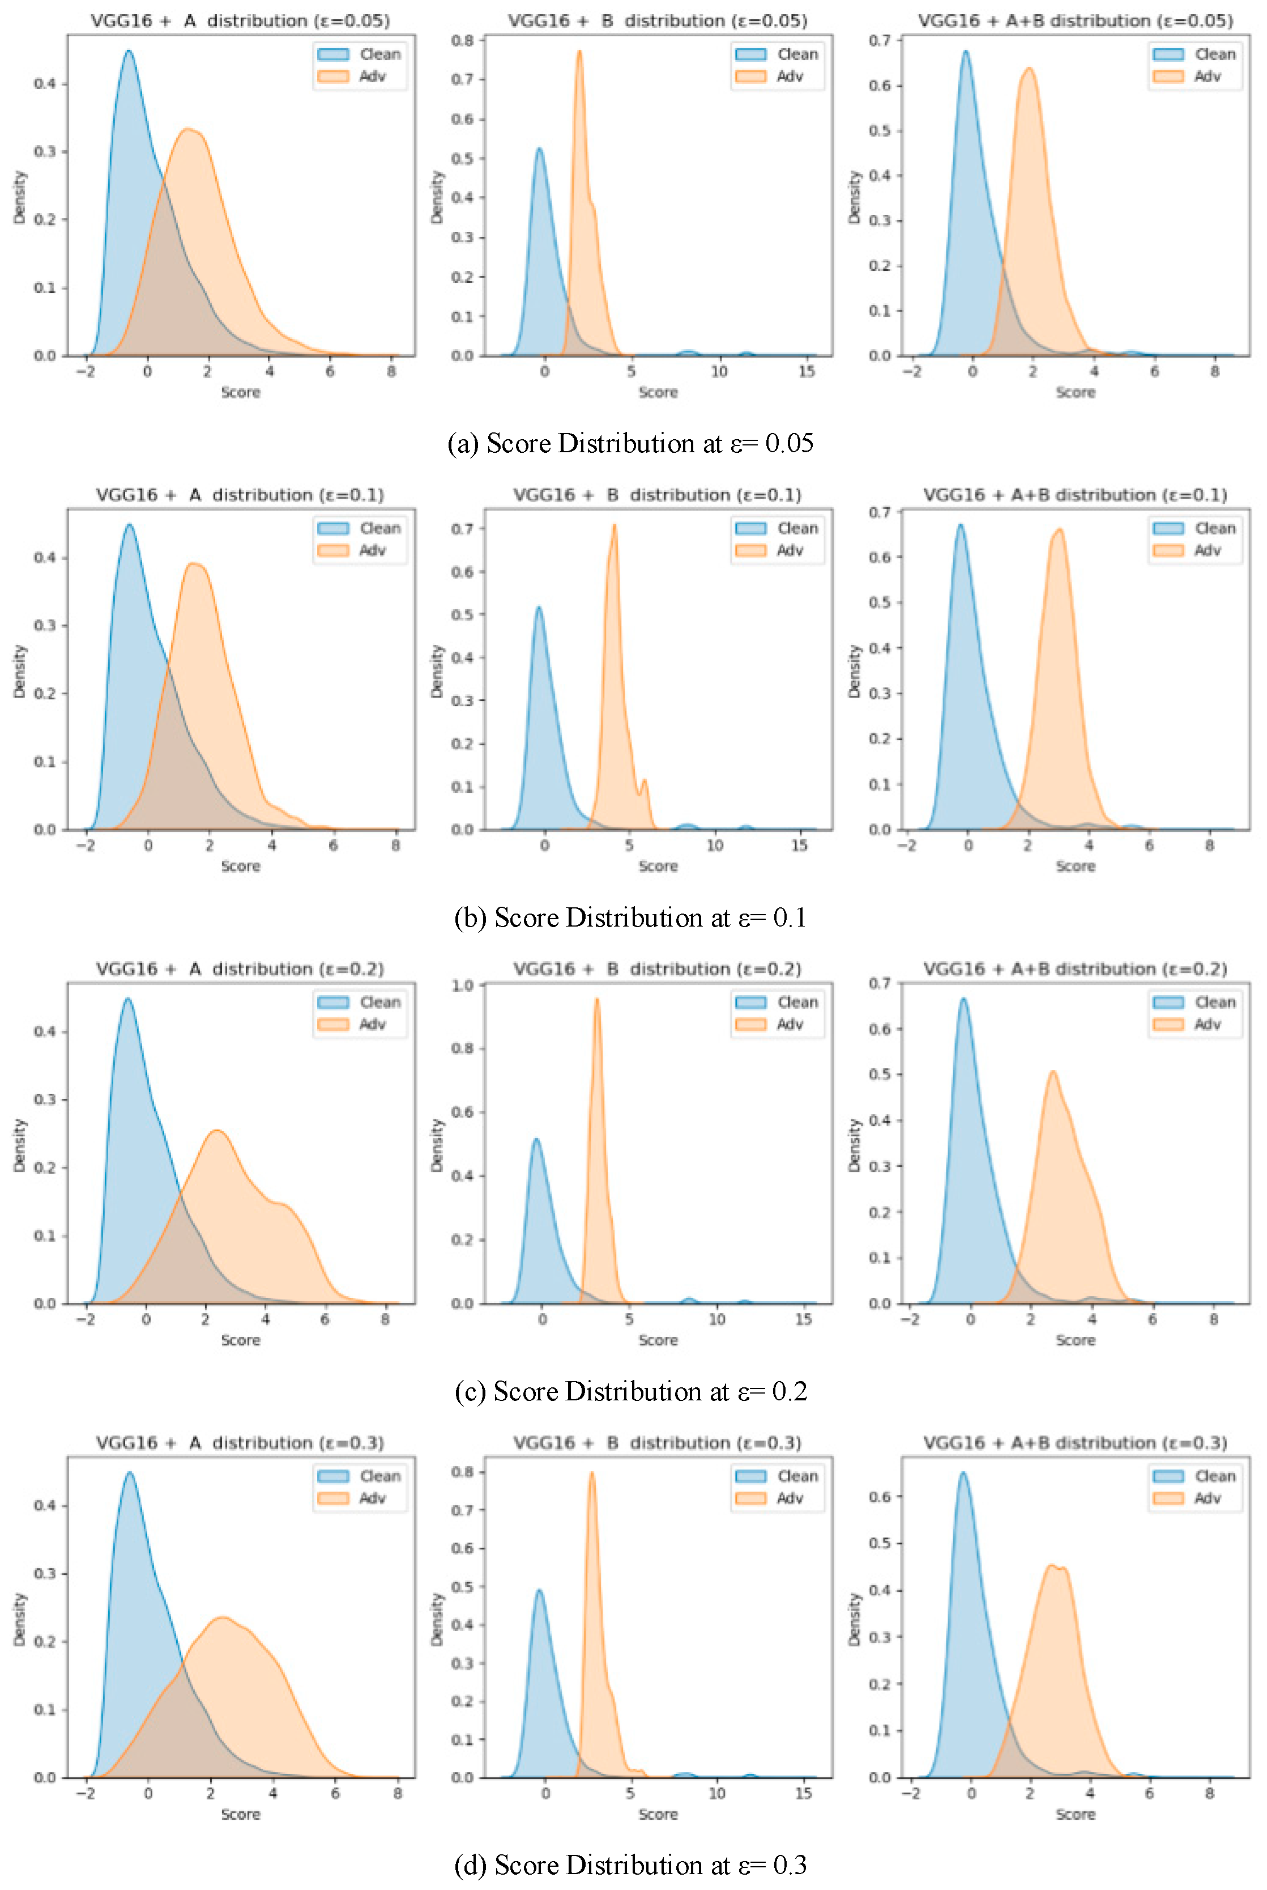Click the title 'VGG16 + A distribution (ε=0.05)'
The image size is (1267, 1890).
240,21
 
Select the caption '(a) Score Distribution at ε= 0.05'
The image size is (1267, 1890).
630,443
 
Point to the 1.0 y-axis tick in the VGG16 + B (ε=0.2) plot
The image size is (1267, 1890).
463,986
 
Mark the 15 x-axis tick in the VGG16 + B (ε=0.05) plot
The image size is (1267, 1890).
807,371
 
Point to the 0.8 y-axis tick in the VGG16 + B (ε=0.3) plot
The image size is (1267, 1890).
463,1472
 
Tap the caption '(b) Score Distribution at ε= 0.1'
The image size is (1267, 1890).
630,918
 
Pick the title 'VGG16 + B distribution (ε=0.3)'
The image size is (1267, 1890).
658,1442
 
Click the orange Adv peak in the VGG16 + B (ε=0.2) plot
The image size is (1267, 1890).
597,999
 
